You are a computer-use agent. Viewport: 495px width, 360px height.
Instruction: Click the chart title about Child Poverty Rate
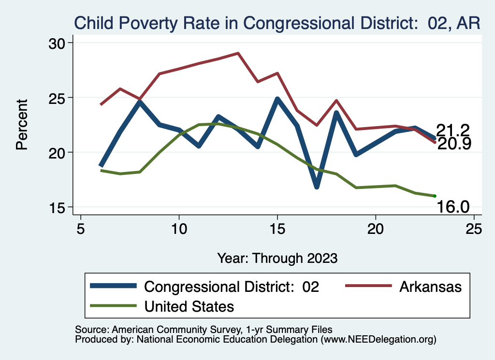[x=277, y=23]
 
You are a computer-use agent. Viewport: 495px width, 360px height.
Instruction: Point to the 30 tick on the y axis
[x=59, y=43]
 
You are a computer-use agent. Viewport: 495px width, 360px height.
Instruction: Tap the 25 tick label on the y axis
[x=59, y=98]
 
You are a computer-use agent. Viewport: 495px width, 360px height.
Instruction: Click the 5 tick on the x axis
[x=81, y=229]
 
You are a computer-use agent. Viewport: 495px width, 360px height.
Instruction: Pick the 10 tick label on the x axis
[x=179, y=229]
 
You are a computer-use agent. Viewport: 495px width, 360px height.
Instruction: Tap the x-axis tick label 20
[x=376, y=229]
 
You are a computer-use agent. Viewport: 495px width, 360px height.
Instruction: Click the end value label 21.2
[x=453, y=130]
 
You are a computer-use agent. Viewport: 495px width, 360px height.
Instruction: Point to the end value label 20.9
[x=454, y=144]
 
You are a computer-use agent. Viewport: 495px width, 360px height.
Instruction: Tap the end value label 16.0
[x=453, y=207]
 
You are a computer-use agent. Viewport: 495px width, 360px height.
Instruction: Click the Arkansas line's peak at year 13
[x=238, y=53]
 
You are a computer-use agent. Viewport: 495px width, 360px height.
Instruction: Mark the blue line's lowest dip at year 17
[x=317, y=187]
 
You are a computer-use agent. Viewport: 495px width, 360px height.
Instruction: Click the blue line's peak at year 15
[x=277, y=99]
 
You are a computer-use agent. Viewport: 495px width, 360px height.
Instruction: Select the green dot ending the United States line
[x=435, y=196]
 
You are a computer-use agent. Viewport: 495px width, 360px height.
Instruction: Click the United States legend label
[x=189, y=306]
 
